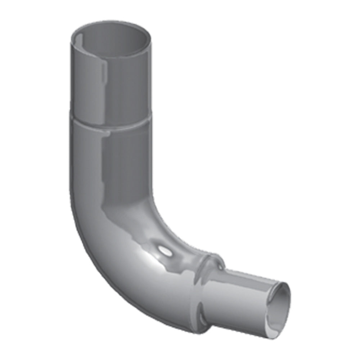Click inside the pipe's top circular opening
[x=112, y=38]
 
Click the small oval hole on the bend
[x=165, y=251]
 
